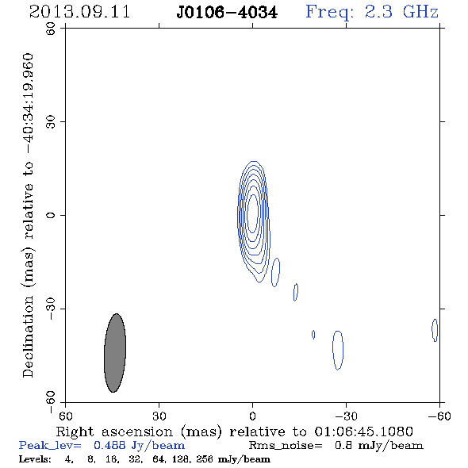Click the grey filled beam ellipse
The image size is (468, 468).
[x=115, y=353]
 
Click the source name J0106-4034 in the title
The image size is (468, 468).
[x=227, y=13]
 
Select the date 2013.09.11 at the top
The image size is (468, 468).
[x=79, y=12]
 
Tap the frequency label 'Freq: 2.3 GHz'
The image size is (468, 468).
[x=372, y=13]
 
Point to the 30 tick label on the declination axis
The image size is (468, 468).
[x=51, y=122]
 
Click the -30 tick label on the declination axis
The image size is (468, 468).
[x=51, y=309]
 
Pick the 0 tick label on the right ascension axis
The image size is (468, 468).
[x=252, y=416]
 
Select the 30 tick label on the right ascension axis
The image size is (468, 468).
[x=159, y=416]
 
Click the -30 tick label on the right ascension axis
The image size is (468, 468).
[x=346, y=416]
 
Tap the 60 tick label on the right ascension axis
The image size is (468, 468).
[x=65, y=416]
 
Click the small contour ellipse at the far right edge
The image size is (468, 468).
[x=435, y=330]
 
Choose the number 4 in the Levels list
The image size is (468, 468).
[x=68, y=459]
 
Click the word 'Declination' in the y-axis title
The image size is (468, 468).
[x=28, y=336]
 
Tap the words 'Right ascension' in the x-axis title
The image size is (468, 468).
[x=114, y=432]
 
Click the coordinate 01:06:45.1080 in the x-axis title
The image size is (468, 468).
[x=364, y=432]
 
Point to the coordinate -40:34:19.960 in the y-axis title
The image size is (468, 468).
[x=28, y=104]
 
